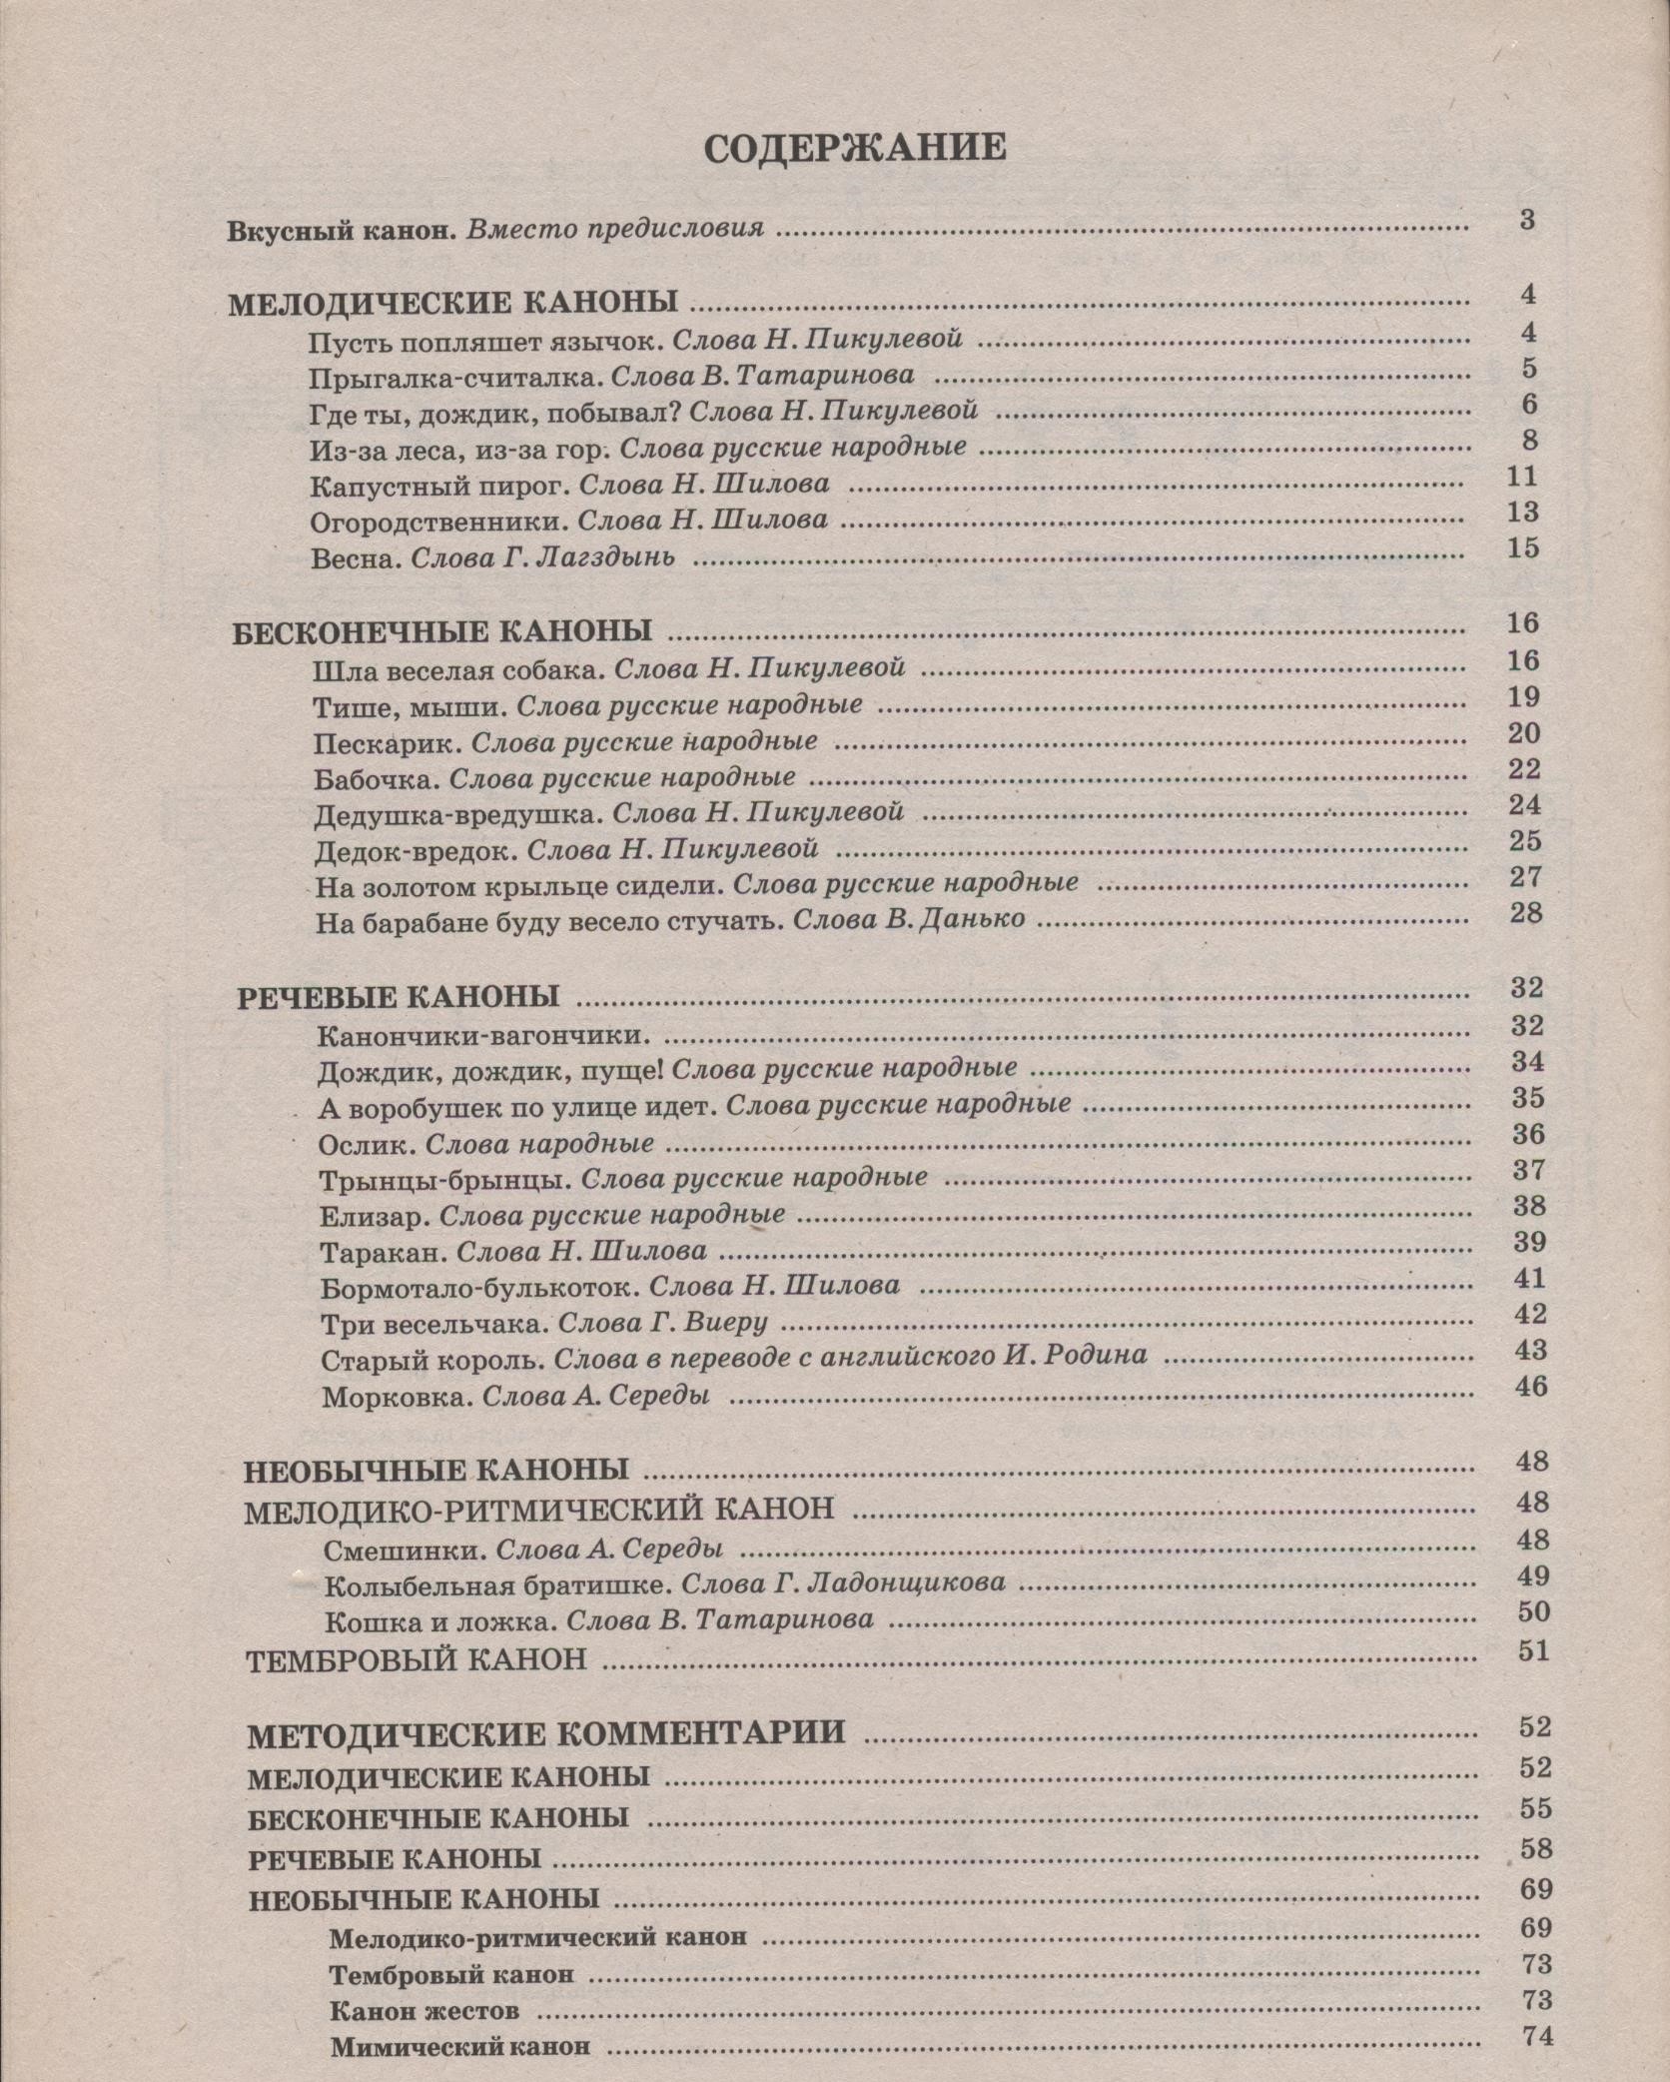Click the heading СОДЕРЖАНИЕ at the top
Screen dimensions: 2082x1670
(855, 148)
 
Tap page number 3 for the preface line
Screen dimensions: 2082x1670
(1527, 221)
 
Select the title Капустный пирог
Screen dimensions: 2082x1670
(438, 486)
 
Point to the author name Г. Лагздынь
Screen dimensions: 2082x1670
(590, 557)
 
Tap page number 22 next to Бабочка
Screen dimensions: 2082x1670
(1525, 769)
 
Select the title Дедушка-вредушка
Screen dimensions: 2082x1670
(456, 814)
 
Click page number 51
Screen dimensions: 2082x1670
(1533, 1651)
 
